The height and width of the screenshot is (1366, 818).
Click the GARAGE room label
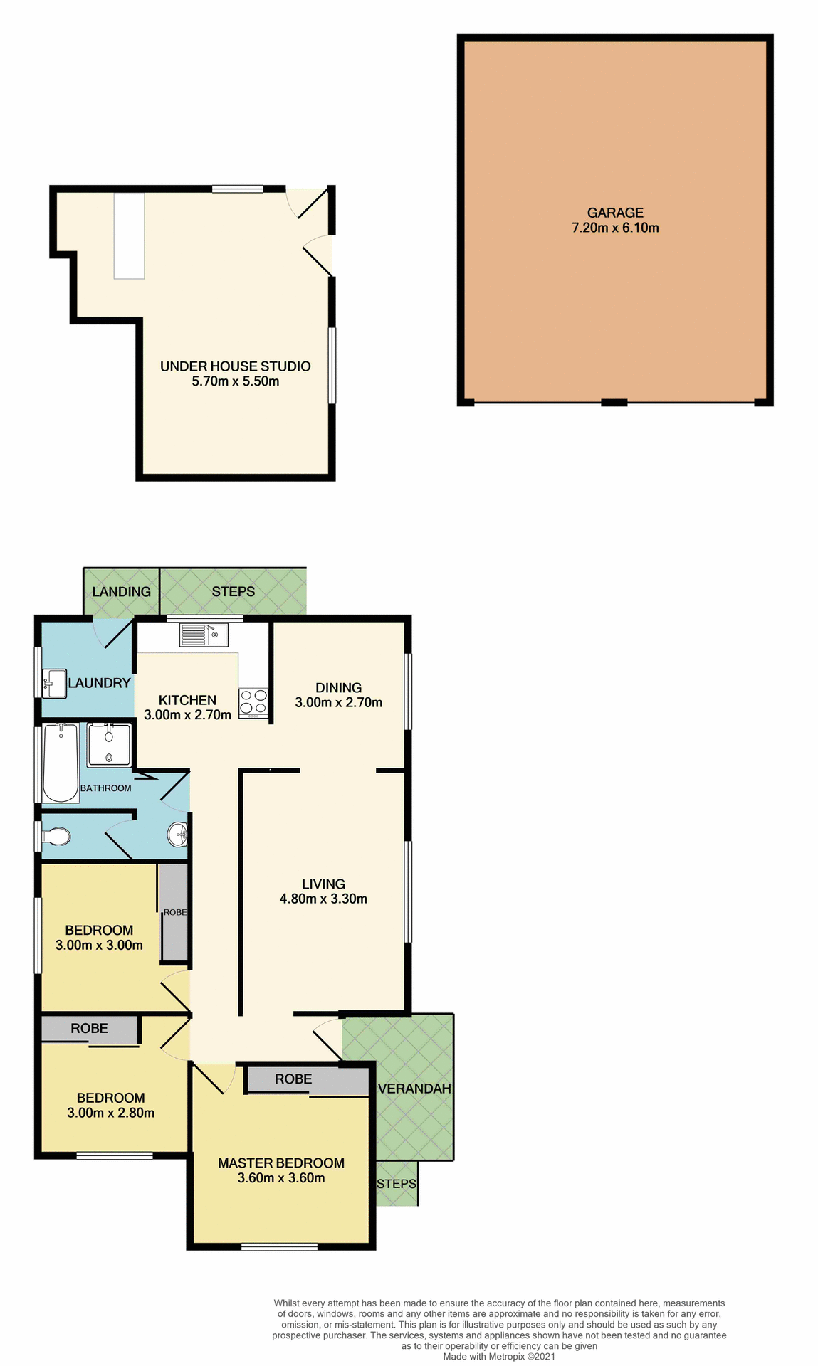[615, 213]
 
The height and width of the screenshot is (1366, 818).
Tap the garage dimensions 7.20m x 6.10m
[615, 228]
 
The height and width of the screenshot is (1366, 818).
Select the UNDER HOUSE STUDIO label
[235, 366]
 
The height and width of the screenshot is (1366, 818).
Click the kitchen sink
[203, 634]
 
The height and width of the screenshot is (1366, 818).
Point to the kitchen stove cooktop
[253, 701]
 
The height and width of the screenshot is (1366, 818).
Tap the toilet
[56, 837]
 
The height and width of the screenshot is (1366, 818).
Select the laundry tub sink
[54, 683]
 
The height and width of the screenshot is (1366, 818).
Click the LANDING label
[121, 592]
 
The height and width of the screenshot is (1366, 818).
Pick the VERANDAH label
[414, 1089]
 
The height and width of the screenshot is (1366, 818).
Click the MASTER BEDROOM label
[281, 1163]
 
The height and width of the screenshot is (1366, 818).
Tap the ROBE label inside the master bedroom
[293, 1079]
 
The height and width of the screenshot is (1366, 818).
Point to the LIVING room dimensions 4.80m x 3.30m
[323, 899]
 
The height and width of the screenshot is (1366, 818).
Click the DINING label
[339, 688]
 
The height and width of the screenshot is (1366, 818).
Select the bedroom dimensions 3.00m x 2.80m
[111, 1113]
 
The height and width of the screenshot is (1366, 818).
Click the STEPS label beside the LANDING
[234, 592]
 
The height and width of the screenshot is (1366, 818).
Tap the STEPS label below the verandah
[397, 1184]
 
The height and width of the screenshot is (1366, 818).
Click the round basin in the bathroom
[177, 833]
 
